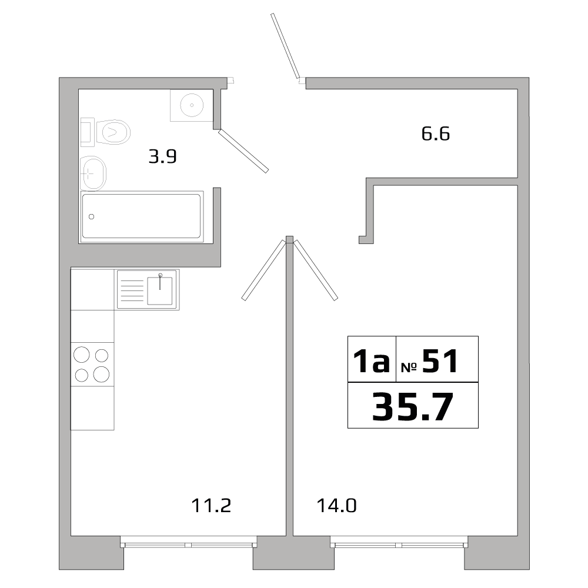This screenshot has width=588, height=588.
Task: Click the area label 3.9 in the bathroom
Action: [x=163, y=157]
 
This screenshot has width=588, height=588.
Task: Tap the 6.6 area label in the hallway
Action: [x=436, y=134]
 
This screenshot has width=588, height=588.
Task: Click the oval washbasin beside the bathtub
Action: [x=92, y=173]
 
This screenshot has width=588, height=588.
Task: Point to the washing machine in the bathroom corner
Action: [x=191, y=105]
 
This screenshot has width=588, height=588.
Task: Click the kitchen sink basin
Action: [x=159, y=289]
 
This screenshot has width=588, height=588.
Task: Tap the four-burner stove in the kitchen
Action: [x=92, y=365]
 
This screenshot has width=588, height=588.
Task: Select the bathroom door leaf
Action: [x=243, y=151]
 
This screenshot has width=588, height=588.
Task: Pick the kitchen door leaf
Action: [x=263, y=270]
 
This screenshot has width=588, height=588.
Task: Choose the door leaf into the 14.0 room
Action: [x=316, y=270]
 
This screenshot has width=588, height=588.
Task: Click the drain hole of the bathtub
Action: [x=91, y=216]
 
